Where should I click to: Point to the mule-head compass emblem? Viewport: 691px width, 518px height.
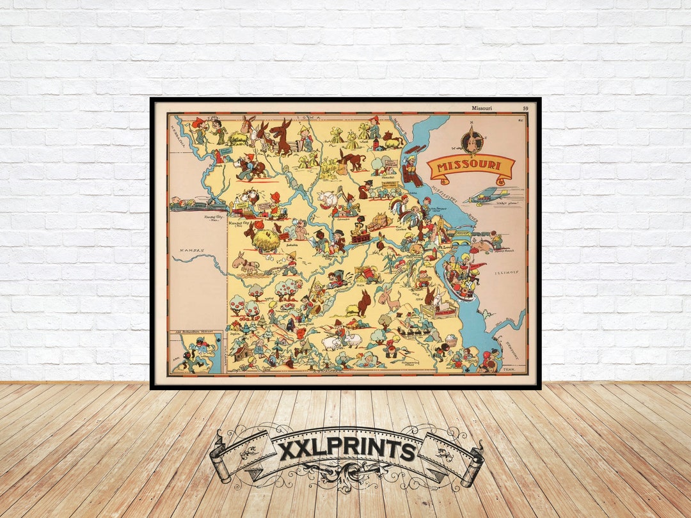point(472,139)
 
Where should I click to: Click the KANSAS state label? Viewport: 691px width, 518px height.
point(192,250)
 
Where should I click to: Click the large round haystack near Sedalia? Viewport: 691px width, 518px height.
point(266,240)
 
